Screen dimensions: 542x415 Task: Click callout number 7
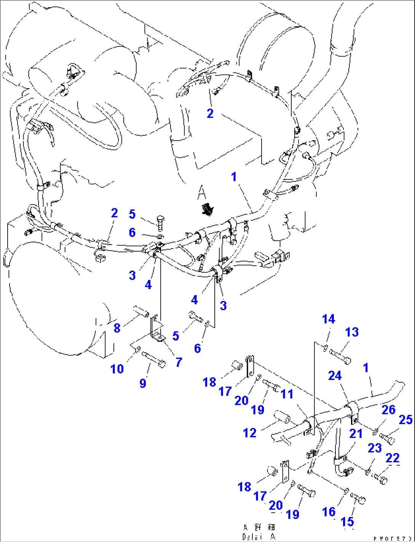point(179,362)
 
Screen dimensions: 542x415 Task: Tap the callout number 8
point(117,328)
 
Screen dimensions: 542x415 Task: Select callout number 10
point(117,369)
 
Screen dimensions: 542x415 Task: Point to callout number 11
point(287,394)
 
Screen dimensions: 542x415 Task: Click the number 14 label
point(329,319)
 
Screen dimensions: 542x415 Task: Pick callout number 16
point(329,512)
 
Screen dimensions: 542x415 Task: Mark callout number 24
point(335,376)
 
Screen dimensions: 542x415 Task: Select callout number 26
point(388,410)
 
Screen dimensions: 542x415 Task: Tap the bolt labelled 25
point(387,437)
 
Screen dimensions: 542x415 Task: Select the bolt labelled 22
point(381,477)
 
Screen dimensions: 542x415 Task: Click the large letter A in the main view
point(201,193)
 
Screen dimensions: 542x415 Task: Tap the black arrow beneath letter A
point(207,209)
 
